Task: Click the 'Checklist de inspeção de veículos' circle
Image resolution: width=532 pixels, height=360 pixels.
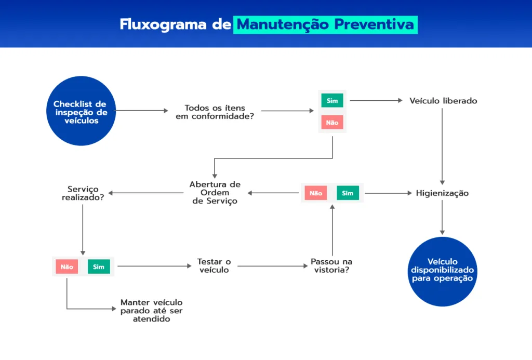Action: point(81,111)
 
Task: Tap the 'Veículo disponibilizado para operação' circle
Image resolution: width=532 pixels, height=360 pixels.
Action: point(443,272)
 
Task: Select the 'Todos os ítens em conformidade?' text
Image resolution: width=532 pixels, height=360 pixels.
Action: point(215,112)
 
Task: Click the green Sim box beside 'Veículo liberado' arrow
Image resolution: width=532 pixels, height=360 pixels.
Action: point(332,100)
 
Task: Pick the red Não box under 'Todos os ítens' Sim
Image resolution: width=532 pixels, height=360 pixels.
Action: point(332,123)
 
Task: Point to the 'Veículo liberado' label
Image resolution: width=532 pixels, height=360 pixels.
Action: point(443,101)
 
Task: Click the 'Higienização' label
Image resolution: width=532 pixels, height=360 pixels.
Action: point(443,193)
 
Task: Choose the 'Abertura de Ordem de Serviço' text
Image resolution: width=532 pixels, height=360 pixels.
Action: point(215,193)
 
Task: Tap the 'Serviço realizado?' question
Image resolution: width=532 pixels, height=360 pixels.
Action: point(83,193)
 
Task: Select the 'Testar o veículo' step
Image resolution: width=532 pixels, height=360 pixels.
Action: point(214,265)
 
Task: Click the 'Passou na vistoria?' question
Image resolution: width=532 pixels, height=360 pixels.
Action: point(331,265)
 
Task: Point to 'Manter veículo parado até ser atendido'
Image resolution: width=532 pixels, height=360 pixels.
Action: point(151,311)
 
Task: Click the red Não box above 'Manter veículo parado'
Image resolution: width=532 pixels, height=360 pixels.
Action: point(67,266)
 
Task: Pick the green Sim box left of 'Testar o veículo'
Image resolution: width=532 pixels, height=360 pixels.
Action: point(99,266)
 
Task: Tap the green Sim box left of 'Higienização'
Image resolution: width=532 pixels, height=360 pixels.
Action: point(348,193)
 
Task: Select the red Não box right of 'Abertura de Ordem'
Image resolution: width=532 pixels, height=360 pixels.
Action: point(316,193)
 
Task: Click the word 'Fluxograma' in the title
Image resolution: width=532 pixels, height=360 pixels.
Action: point(163,24)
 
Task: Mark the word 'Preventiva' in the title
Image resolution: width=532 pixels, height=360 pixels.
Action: point(374,24)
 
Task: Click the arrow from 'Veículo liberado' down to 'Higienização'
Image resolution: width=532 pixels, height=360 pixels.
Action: point(442,146)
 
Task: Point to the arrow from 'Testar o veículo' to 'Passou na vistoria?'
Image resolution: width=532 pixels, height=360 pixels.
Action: point(273,266)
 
